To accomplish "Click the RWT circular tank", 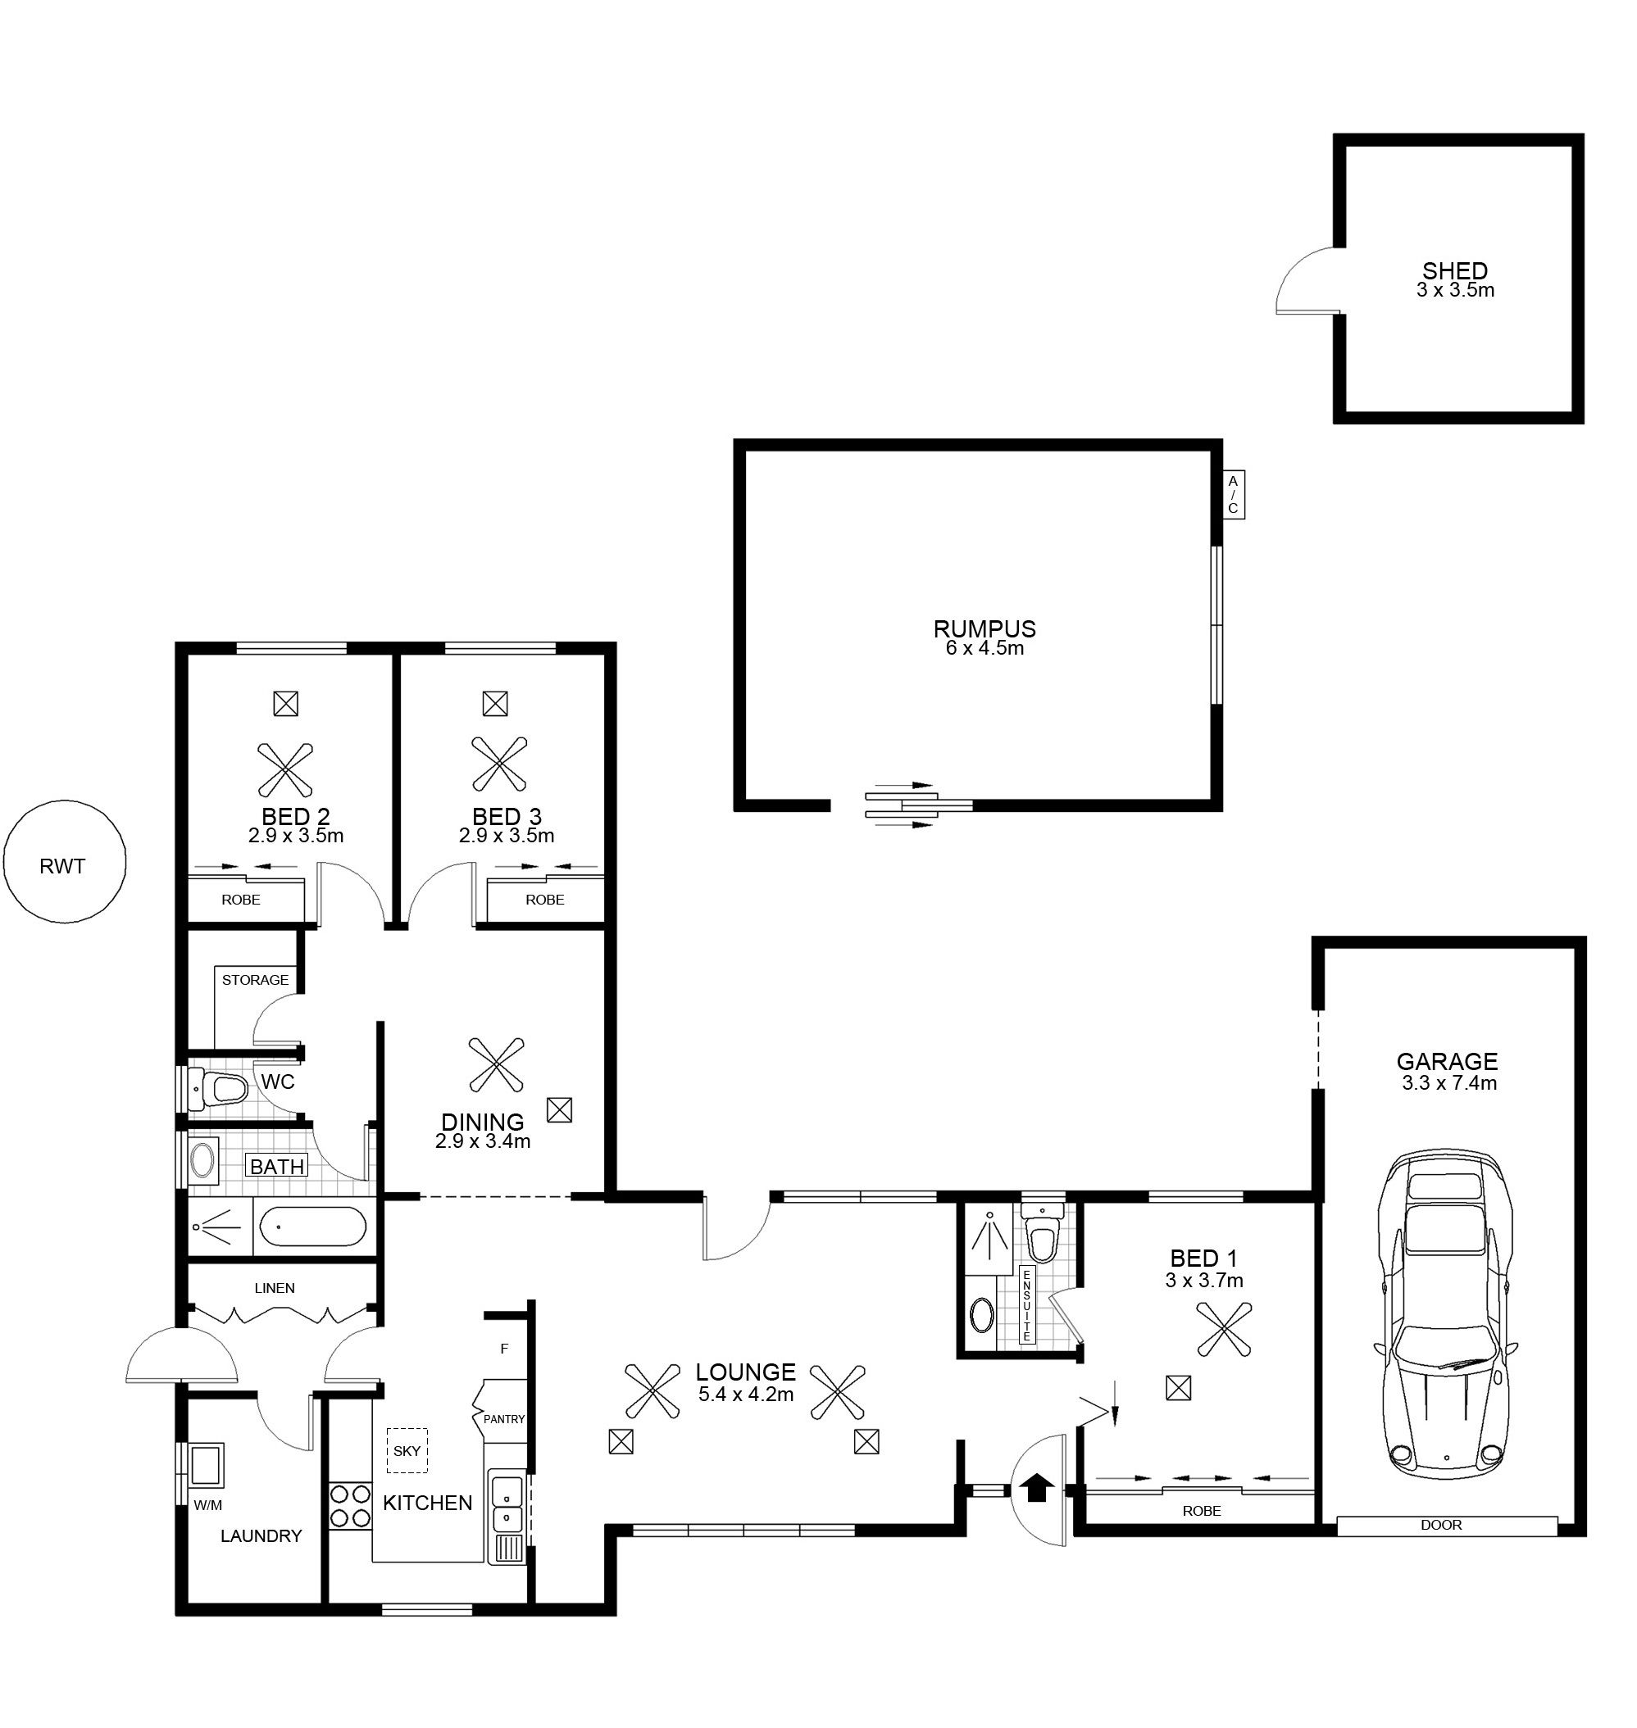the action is point(65,862).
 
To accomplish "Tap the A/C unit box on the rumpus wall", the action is point(1233,495).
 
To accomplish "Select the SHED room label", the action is point(1455,271).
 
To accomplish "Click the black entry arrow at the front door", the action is point(1037,1487).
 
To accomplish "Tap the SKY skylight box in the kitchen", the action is point(407,1450).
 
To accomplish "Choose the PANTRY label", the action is point(503,1419).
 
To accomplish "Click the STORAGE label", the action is point(255,980).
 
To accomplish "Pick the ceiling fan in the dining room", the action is point(496,1064).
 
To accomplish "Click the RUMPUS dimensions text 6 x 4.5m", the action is point(984,648).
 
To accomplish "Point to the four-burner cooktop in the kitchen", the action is point(350,1507).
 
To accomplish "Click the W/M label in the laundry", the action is point(207,1504).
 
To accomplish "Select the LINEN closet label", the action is point(275,1287).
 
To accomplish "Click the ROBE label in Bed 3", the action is point(544,900).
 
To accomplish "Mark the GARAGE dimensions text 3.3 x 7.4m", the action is point(1448,1083).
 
